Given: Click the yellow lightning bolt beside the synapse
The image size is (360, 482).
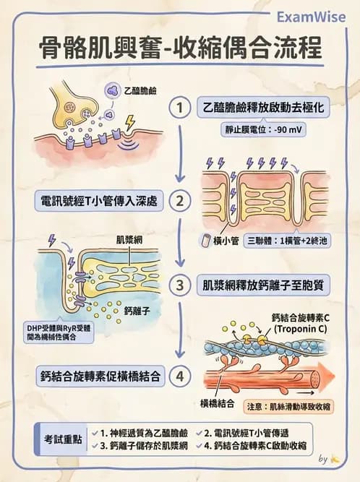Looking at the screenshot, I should tap(129, 124).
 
